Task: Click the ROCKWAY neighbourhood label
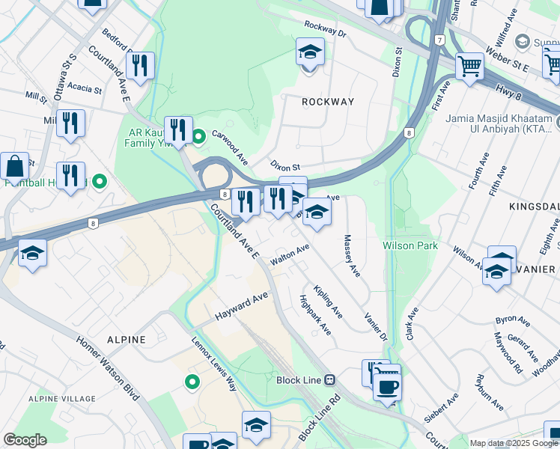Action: click(326, 101)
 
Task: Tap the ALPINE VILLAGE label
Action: click(57, 400)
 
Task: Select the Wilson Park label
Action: click(410, 245)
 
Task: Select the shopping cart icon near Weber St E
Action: click(469, 66)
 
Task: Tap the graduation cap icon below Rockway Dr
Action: click(310, 52)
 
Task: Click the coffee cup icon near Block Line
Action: click(387, 387)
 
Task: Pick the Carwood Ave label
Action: click(229, 147)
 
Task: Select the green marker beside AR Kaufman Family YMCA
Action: click(198, 137)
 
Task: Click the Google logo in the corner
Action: click(25, 440)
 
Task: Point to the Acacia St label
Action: click(84, 88)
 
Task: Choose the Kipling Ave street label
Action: click(328, 302)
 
